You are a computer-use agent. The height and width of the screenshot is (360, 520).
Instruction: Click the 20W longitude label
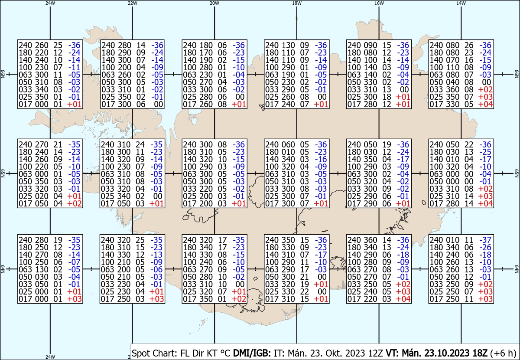214,3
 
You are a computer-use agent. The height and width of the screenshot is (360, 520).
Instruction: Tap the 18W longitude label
297,3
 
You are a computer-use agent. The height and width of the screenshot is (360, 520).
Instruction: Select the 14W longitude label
461,3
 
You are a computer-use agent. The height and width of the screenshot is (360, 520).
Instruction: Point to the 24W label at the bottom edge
50,357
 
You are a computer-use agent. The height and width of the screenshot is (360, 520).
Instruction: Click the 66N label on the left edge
3,74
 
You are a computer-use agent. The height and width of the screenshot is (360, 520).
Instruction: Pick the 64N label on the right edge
517,269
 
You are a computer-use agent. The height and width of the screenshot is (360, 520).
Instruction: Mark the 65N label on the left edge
3,173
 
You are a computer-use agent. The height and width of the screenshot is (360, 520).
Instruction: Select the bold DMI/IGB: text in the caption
252,353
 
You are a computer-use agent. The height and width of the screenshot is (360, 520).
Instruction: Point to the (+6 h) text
503,353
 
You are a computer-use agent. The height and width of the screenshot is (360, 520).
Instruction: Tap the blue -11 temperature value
74,67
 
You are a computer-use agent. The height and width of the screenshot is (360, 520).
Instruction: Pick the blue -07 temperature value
74,262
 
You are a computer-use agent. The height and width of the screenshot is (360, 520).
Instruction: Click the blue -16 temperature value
321,160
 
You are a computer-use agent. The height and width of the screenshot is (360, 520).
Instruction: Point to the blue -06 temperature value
156,270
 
